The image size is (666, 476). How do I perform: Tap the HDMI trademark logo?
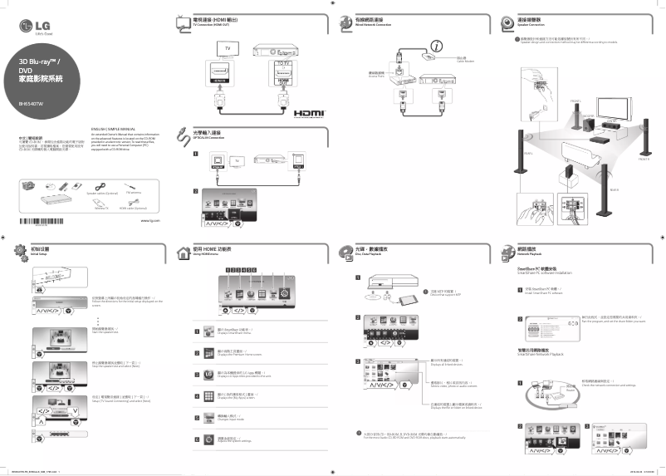coord(306,111)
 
